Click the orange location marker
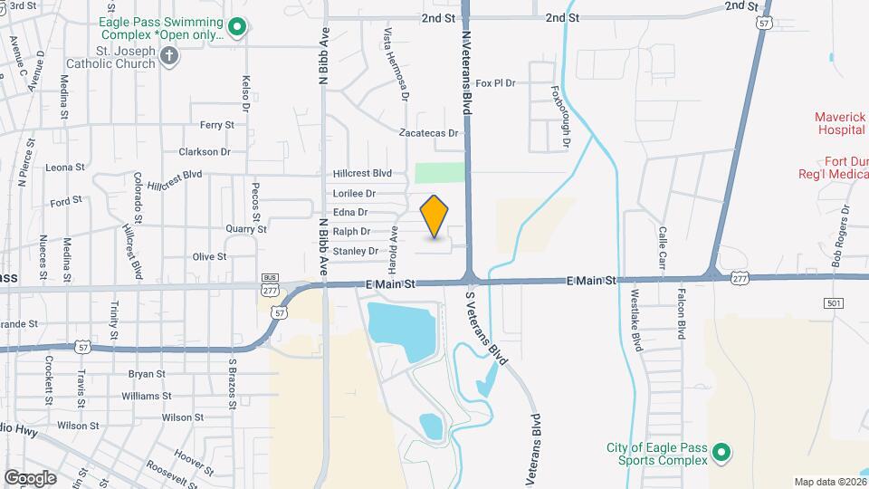434,216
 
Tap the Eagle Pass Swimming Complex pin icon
237,28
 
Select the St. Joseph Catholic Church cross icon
168,57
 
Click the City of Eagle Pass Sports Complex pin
721,452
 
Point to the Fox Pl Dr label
495,83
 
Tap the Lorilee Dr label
354,193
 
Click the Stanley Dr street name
355,251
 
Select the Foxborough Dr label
561,117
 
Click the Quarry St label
246,229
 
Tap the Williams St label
146,396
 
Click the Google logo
30,477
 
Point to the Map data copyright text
829,482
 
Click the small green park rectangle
440,173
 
